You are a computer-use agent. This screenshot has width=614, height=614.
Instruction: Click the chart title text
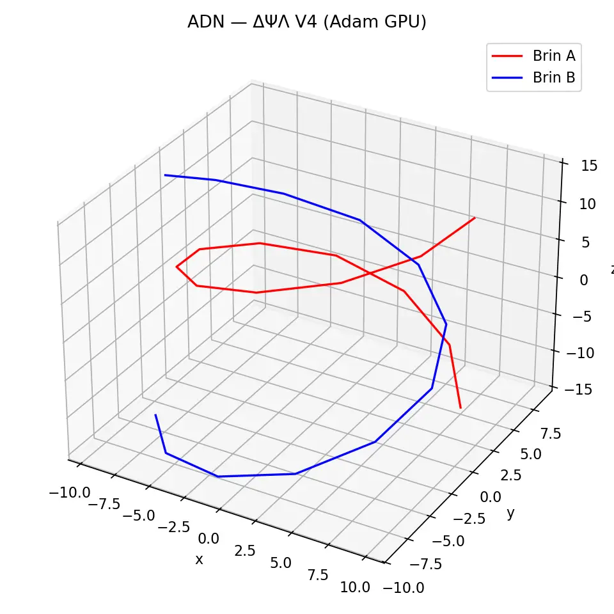(x=306, y=22)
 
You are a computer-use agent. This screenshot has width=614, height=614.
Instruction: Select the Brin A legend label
(x=554, y=56)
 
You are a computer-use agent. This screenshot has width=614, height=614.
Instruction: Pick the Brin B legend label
(x=554, y=77)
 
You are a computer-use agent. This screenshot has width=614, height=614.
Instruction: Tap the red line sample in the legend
(x=508, y=56)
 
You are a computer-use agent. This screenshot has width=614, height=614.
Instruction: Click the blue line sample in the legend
(x=508, y=77)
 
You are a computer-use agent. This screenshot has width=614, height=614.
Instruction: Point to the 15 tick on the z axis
(x=590, y=166)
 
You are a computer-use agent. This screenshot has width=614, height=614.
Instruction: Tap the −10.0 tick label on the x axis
(x=68, y=492)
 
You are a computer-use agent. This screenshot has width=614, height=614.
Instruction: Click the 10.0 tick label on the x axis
(x=355, y=587)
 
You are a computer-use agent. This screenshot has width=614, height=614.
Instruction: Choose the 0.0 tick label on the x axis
(x=209, y=538)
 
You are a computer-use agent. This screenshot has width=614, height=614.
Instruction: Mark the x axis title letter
(x=199, y=560)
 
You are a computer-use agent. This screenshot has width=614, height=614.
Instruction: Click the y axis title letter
(x=510, y=513)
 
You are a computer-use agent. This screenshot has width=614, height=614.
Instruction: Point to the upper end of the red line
(x=475, y=217)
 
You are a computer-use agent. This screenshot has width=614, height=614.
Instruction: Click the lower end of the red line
(x=460, y=407)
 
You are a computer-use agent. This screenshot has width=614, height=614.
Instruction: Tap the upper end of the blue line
(x=164, y=175)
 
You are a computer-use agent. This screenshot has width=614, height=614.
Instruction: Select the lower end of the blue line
(x=155, y=414)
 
